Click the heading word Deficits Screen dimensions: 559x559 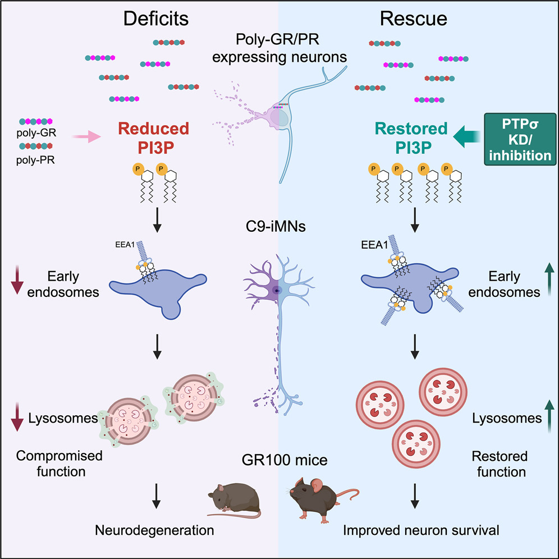tap(156, 19)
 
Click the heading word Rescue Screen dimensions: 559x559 tap(414, 19)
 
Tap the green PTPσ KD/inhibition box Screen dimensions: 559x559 tap(519, 138)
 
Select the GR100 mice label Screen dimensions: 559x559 tap(279, 462)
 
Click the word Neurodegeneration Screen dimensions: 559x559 tap(154, 529)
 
